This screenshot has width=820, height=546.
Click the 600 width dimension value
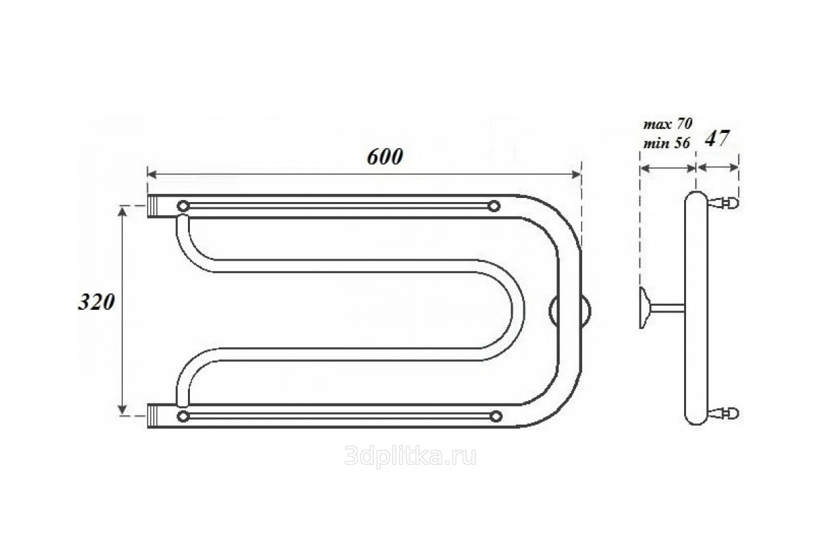385,157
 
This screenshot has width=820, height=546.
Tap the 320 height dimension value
96,302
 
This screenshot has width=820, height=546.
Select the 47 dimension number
717,139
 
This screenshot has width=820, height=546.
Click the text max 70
668,124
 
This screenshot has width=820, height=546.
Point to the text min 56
666,143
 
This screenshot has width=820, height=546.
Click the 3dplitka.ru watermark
410,457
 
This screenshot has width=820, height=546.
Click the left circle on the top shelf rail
183,206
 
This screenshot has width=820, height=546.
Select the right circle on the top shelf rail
494,206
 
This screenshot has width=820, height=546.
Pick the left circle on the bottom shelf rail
183,416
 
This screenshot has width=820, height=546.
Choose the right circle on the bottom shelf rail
496,416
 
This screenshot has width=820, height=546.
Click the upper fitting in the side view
723,203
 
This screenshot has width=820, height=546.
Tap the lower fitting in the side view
723,413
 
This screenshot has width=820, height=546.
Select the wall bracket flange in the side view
644,308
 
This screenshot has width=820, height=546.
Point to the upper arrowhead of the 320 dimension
122,212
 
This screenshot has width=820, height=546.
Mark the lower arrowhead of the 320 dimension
122,410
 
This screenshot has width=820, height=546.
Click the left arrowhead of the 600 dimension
152,175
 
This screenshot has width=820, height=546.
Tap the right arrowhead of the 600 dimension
576,175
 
